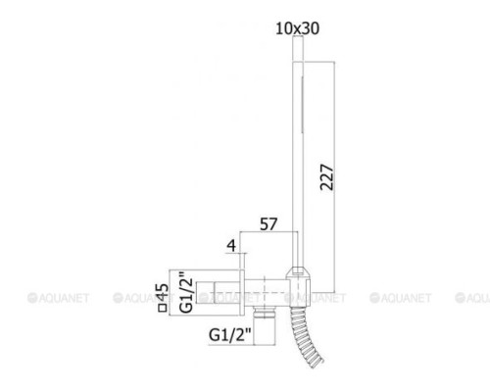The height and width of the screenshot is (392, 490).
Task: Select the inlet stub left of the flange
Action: pyautogui.click(x=217, y=290)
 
